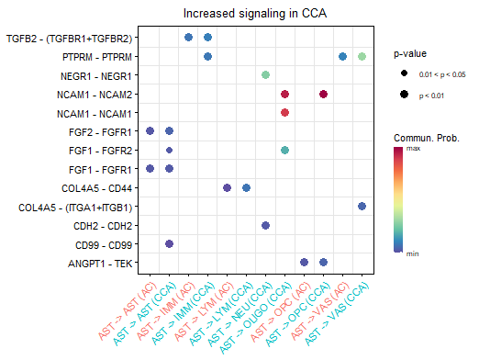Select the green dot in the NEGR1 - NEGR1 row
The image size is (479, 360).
click(x=265, y=74)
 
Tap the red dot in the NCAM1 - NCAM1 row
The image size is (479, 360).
click(x=284, y=112)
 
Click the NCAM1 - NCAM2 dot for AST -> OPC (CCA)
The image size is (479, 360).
click(x=323, y=94)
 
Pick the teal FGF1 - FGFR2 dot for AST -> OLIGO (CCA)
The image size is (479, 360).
click(x=284, y=150)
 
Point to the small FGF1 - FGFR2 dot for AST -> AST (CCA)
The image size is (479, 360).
click(x=169, y=150)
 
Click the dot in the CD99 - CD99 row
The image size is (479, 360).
click(x=169, y=243)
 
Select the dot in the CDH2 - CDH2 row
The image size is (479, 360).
click(x=265, y=225)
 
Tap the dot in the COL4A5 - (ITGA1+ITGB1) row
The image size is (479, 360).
click(x=362, y=206)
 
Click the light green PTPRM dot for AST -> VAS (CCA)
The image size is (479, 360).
click(x=362, y=56)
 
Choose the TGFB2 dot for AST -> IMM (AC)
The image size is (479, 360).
click(x=188, y=38)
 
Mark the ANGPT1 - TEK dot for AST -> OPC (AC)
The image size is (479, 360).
click(x=304, y=262)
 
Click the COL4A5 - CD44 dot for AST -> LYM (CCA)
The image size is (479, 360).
click(x=246, y=187)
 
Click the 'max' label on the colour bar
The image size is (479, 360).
click(x=414, y=149)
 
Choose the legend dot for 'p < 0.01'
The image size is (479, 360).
click(x=404, y=94)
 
